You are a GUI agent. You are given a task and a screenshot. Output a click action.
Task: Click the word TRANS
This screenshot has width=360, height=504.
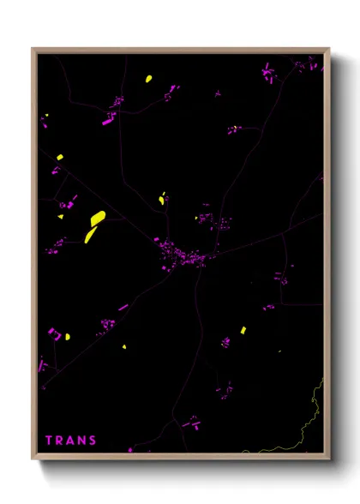[71, 441]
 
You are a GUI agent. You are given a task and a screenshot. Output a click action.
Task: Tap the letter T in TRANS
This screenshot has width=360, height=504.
[49, 441]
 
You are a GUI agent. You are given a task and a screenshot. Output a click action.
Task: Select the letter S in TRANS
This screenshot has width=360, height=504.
[93, 441]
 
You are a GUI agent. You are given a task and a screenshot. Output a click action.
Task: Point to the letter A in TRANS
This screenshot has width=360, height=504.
[70, 441]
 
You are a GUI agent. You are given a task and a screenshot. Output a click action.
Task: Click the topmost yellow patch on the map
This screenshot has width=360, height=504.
[148, 79]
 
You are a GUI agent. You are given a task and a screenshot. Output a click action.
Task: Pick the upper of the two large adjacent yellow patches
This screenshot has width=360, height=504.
[98, 218]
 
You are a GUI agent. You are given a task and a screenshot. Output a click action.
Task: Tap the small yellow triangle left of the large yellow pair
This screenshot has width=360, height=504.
[62, 218]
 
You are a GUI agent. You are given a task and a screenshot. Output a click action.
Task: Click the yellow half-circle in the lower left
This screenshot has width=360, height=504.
[68, 337]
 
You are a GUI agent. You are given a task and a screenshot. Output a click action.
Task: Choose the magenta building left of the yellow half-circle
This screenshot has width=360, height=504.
[52, 332]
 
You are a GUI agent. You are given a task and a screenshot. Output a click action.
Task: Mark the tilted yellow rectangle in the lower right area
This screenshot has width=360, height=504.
[243, 329]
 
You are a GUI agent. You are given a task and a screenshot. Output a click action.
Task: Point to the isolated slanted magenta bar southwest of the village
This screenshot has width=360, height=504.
[123, 307]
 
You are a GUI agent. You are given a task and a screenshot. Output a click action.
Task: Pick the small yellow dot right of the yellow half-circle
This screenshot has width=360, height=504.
[124, 347]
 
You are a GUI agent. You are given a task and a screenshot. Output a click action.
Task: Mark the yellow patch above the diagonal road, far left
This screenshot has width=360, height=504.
[59, 158]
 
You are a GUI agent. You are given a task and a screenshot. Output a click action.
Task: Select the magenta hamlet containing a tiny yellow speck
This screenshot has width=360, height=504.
[232, 129]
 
